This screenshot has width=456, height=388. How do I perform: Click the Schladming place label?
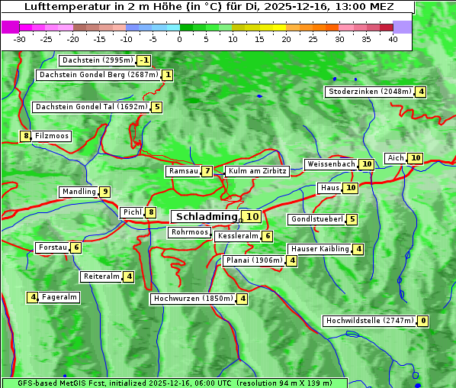206,217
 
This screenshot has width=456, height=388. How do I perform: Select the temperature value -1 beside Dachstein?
144,60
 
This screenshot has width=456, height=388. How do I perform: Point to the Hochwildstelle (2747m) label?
370,321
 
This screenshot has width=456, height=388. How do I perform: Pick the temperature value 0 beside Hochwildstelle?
422,321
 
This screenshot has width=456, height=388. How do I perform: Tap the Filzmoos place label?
52,136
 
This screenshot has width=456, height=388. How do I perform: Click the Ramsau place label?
183,171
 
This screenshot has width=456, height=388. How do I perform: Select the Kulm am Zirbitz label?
257,171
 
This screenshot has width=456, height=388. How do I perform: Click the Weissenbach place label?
330,164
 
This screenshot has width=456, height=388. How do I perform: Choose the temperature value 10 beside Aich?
415,158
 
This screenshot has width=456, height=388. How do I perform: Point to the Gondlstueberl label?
316,219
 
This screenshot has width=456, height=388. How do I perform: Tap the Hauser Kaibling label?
319,249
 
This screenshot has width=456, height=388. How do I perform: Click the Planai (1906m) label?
254,260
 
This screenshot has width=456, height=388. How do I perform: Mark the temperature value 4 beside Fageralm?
33,297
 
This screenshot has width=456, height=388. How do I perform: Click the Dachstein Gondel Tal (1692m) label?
91,107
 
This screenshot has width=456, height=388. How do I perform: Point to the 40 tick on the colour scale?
393,39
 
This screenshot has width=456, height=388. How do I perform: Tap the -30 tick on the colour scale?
20,39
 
